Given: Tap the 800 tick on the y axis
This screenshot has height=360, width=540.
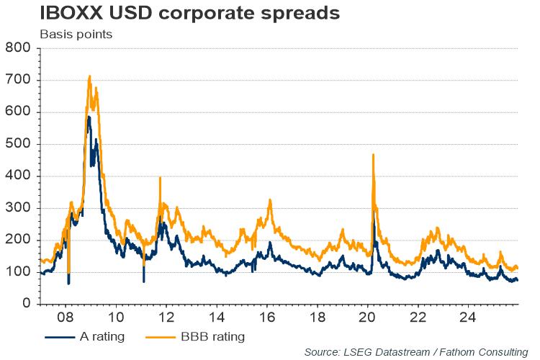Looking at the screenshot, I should point(17,48).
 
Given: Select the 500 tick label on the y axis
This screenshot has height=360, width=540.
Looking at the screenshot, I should point(17,144).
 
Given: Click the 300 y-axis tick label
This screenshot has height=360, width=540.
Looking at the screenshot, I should point(17,208).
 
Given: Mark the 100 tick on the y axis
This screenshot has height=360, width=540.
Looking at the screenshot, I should point(17,272).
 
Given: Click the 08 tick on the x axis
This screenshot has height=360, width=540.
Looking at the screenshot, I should point(66,317).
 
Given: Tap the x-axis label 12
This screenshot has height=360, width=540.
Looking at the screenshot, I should point(167,317).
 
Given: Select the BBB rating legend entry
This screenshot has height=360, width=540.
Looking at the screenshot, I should point(192,336).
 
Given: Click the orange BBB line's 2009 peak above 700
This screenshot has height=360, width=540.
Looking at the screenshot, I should point(89,76).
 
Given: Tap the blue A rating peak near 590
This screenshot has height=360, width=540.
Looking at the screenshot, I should point(88,117).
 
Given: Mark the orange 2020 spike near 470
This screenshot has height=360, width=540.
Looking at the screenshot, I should point(373,154).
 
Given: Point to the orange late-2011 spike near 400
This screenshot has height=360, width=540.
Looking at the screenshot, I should point(160,177).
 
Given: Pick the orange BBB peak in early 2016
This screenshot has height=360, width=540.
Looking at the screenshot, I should point(270,199).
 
